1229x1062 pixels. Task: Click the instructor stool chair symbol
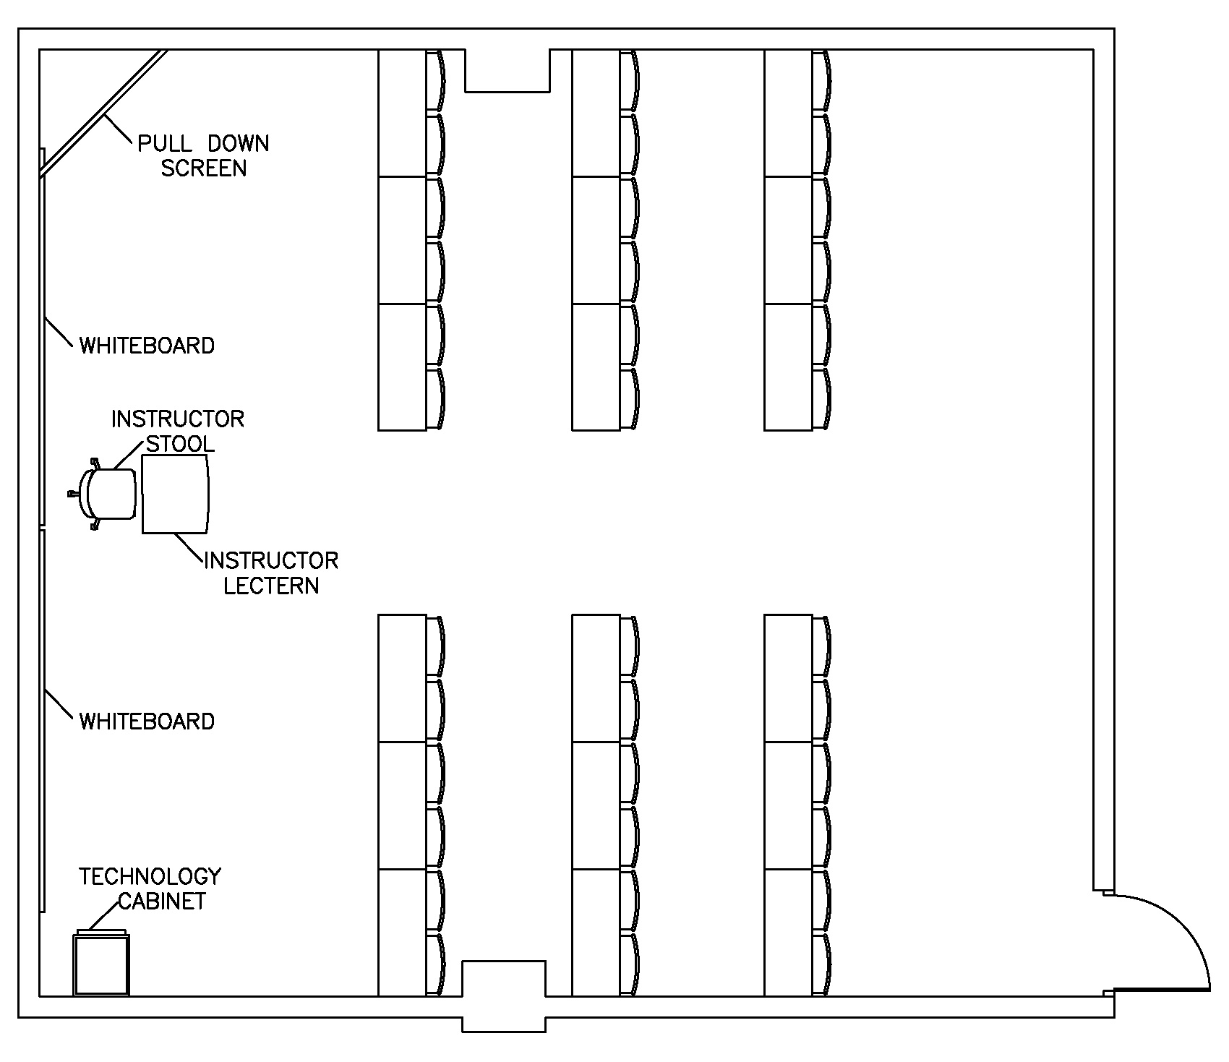(110, 494)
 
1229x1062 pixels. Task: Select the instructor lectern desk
(176, 494)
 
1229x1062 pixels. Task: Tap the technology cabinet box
(101, 965)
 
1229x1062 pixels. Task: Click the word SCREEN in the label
(203, 168)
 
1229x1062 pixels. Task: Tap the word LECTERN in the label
(271, 586)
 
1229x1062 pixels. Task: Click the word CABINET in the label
(162, 902)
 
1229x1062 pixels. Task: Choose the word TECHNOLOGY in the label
(150, 877)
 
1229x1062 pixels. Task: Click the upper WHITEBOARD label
(147, 346)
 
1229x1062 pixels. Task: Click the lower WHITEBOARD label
(147, 721)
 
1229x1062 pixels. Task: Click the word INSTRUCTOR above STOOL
(178, 419)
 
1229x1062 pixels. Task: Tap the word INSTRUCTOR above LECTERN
(271, 561)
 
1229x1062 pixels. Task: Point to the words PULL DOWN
(203, 144)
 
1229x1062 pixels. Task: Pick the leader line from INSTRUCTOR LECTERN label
(189, 548)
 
